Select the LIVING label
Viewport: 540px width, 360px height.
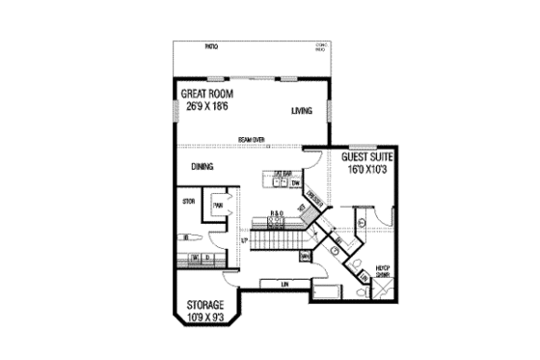point(303,112)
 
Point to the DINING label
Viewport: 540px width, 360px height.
point(202,167)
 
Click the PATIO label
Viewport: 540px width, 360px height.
point(211,45)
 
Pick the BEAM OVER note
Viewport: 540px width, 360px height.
point(254,141)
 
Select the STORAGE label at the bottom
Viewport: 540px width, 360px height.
point(203,304)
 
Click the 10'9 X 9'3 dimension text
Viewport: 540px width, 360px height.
point(203,316)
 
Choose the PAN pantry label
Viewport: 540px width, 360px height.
point(219,205)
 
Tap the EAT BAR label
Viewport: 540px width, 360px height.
point(283,174)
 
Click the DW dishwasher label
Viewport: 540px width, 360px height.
point(295,182)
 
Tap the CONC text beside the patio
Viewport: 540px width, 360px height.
point(322,45)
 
